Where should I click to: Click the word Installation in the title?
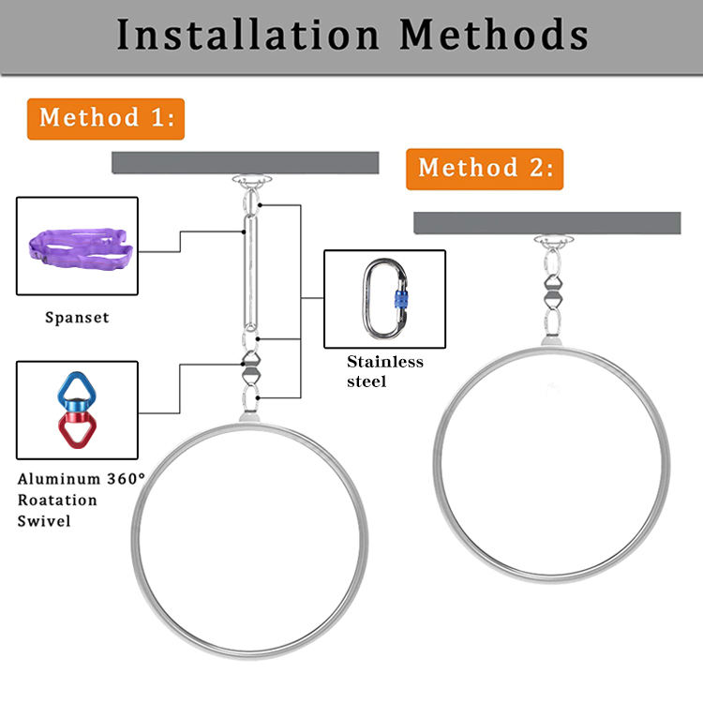(x=246, y=36)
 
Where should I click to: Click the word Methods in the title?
(x=494, y=36)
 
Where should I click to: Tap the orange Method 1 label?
(x=105, y=119)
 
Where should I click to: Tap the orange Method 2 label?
(x=484, y=169)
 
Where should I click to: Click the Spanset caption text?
(x=77, y=317)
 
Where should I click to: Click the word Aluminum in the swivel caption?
(x=61, y=478)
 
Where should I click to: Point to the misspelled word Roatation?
(x=57, y=499)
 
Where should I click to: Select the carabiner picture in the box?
(x=384, y=299)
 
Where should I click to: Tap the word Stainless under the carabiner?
(x=385, y=362)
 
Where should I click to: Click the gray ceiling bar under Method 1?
(x=245, y=162)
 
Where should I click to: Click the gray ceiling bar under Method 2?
(x=546, y=222)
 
